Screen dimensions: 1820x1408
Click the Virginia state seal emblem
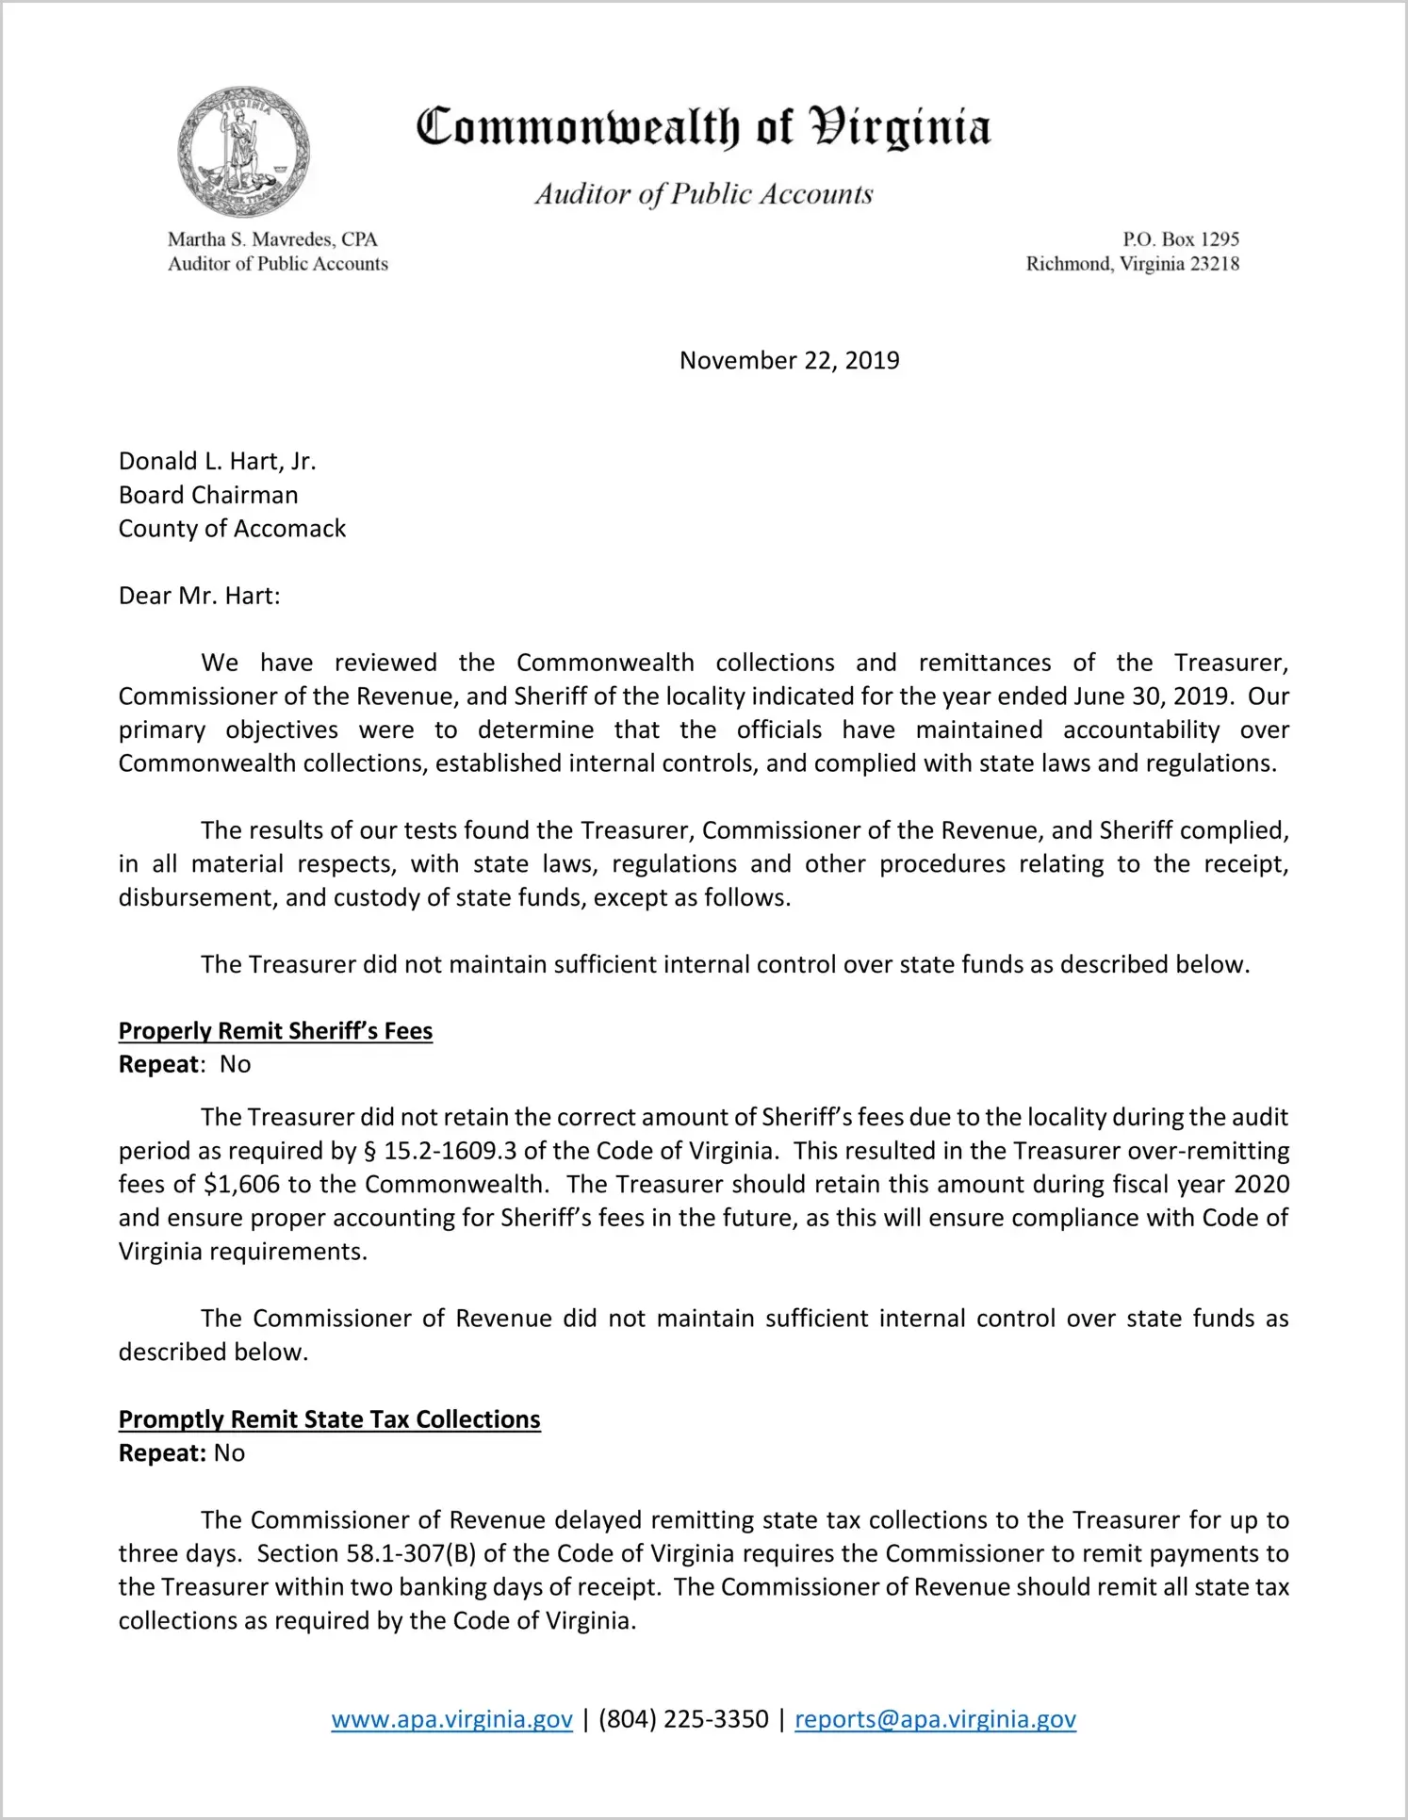pyautogui.click(x=244, y=152)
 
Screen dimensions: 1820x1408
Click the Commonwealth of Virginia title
pyautogui.click(x=703, y=127)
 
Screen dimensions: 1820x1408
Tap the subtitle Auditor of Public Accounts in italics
pyautogui.click(x=704, y=194)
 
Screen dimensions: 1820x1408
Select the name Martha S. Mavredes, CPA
pyautogui.click(x=272, y=239)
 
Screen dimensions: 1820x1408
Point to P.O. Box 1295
pyautogui.click(x=1180, y=239)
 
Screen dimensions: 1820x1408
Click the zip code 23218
pyautogui.click(x=1215, y=264)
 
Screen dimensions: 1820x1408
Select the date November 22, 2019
pyautogui.click(x=789, y=360)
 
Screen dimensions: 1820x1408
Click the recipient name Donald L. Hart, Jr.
pyautogui.click(x=217, y=461)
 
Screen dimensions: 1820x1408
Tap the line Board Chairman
pyautogui.click(x=208, y=495)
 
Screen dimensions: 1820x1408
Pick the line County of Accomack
pyautogui.click(x=232, y=529)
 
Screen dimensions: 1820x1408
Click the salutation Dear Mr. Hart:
pyautogui.click(x=199, y=596)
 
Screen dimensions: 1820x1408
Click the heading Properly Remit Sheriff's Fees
pyautogui.click(x=275, y=1031)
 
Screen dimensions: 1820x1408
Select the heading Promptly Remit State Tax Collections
pyautogui.click(x=329, y=1419)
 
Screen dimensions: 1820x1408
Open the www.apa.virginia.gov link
pyautogui.click(x=451, y=1719)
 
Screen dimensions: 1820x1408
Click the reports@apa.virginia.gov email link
pyautogui.click(x=935, y=1719)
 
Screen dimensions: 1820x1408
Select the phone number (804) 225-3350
pyautogui.click(x=683, y=1719)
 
